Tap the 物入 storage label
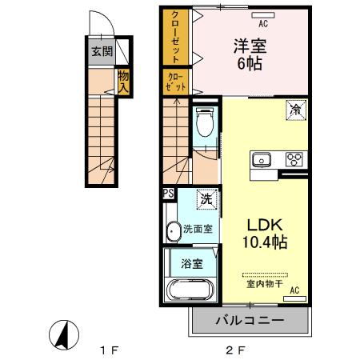123,82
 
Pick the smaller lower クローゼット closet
177,82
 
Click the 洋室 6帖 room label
250,54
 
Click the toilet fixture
204,123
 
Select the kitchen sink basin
262,159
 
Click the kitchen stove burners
293,158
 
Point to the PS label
168,193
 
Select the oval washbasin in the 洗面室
174,231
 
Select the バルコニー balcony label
250,320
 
